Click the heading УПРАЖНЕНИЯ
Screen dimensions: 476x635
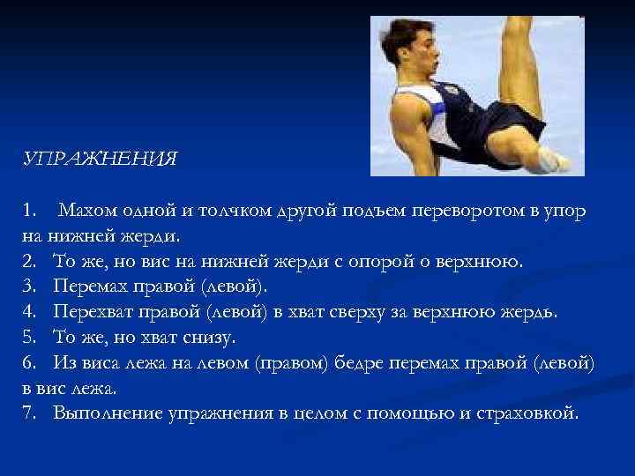coord(101,160)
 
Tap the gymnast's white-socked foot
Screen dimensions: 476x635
coord(557,159)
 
